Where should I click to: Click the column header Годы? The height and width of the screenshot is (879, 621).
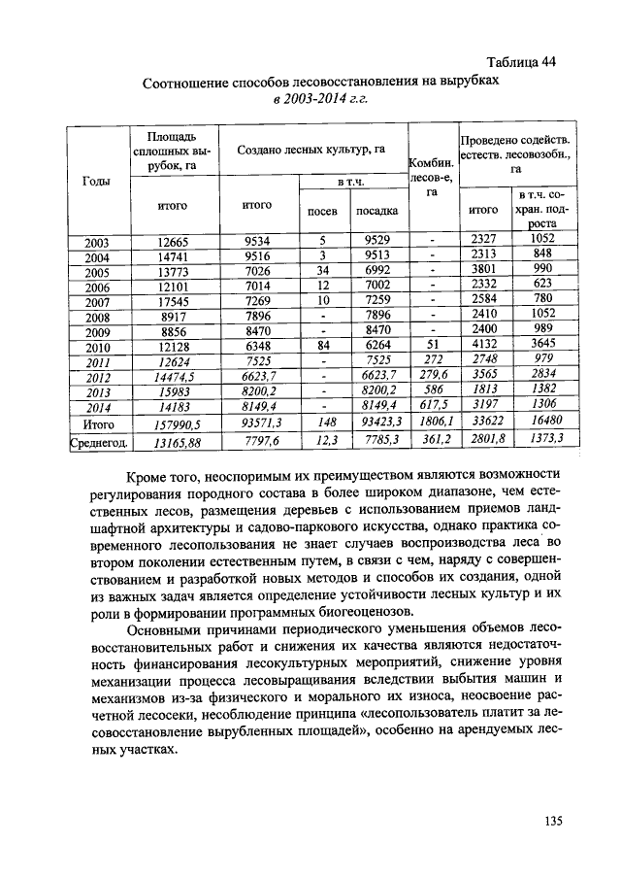(96, 182)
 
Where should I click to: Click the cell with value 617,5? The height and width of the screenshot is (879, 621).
(432, 408)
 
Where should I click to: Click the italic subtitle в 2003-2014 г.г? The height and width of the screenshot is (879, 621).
(320, 99)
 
